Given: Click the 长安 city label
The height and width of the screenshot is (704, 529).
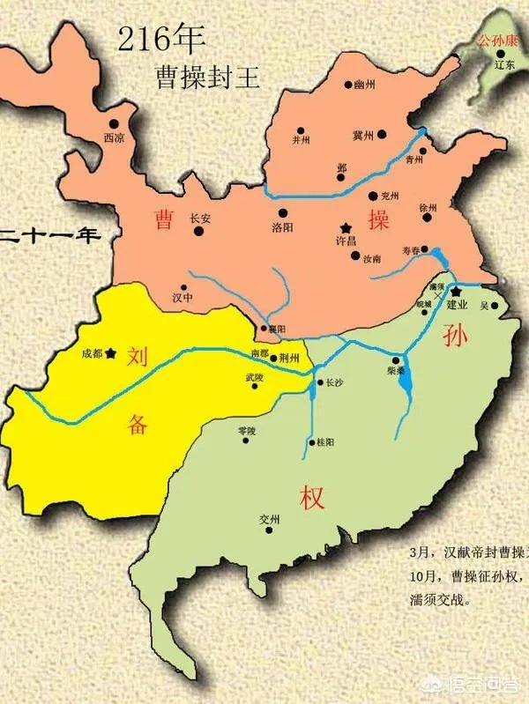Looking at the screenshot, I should [x=200, y=219].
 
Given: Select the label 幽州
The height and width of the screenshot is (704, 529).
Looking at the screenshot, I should [x=364, y=85].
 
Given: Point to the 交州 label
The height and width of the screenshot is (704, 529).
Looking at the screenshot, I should [x=270, y=521].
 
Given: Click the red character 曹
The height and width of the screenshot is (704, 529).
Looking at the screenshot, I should [x=163, y=219].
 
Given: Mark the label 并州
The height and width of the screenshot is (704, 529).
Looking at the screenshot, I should [x=302, y=139].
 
